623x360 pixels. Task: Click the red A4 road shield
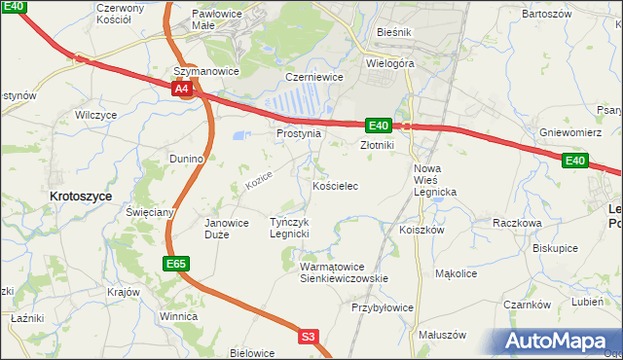(182, 89)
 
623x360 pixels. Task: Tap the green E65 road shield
(175, 263)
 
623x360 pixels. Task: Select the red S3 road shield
(309, 337)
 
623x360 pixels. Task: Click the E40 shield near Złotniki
(379, 126)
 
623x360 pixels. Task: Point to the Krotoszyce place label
(80, 196)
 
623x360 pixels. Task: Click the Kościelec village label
(336, 185)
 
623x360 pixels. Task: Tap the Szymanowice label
(205, 72)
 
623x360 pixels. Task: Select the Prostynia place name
(298, 133)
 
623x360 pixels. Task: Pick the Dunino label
(186, 158)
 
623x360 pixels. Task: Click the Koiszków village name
(421, 230)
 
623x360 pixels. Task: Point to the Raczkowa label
(517, 223)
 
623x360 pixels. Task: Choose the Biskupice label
(555, 248)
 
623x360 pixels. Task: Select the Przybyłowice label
(383, 307)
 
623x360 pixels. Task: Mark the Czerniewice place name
(311, 76)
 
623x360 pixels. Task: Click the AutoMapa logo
(559, 342)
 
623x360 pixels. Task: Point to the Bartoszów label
(546, 15)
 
